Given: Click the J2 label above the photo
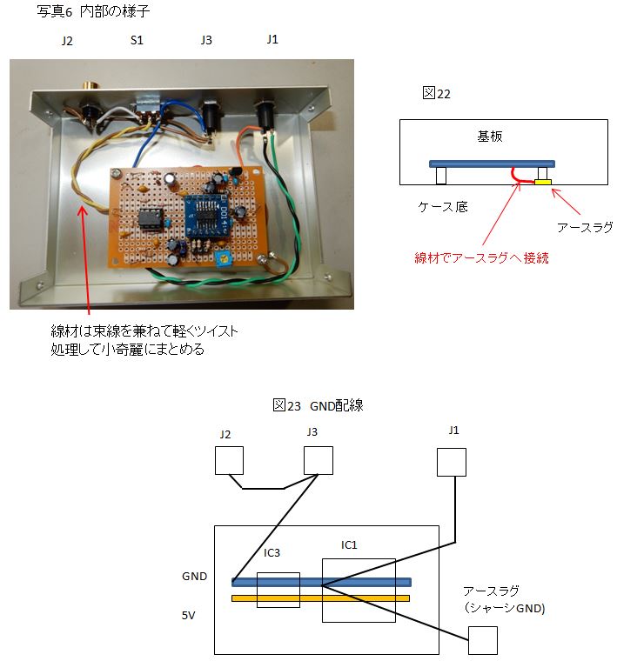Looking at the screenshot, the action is point(67,41).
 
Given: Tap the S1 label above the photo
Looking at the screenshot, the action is point(137,40).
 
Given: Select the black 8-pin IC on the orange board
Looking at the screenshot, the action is point(151,218).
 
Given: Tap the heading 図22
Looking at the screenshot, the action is point(436,93).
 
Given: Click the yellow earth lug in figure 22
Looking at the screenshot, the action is point(543,182).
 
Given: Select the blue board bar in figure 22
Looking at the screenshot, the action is point(492,164).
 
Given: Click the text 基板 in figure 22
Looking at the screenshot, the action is point(490,137).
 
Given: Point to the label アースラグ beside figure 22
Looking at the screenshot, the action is point(585,227).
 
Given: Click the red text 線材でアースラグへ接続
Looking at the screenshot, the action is point(481,257).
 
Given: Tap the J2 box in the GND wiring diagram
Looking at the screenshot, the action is point(229,460).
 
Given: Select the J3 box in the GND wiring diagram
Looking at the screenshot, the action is point(319,460).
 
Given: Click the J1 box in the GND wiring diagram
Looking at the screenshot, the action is point(452,462).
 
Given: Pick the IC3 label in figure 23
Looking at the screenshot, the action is point(272,552).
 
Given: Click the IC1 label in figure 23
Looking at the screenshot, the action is point(349,545).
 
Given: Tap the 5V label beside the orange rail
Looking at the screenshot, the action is point(189,616).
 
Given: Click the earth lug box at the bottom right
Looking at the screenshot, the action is point(482,640).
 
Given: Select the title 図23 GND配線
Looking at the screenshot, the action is point(318,405).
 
